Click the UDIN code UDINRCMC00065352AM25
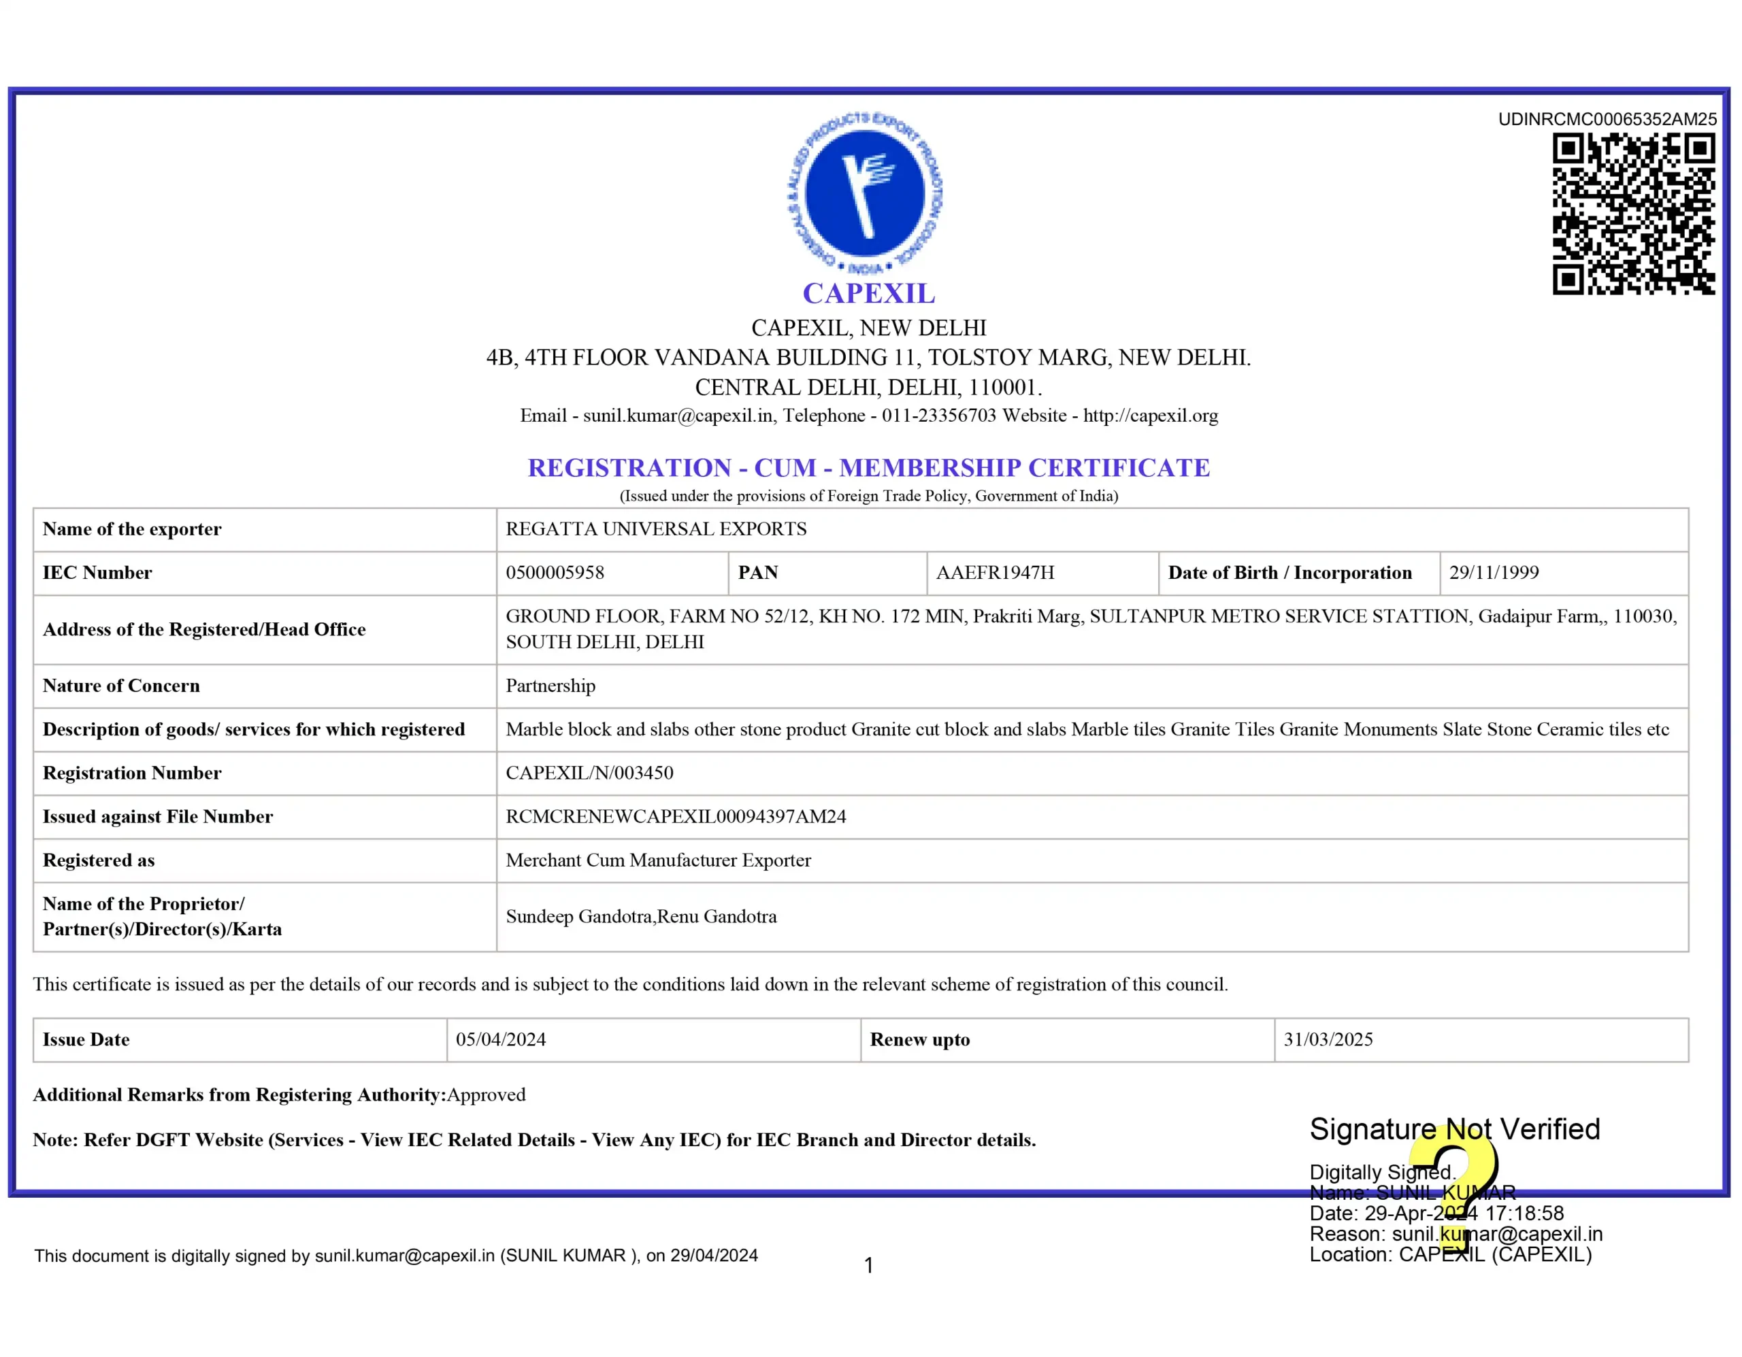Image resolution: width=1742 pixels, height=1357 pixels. (1607, 120)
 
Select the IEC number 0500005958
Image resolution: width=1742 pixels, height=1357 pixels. (555, 573)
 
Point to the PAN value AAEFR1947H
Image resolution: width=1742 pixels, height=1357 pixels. (995, 573)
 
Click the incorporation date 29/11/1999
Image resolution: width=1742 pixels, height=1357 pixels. (1493, 573)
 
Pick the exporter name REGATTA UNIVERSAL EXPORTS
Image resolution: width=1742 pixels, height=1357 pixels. (656, 529)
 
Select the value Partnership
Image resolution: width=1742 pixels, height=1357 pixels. (550, 686)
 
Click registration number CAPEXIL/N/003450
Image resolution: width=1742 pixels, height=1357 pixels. (589, 773)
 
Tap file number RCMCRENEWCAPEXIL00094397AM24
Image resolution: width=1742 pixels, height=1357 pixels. (676, 816)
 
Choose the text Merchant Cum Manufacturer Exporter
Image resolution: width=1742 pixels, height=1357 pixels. (658, 860)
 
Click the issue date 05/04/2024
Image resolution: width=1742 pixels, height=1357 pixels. (501, 1039)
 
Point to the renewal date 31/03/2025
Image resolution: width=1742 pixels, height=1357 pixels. (1328, 1039)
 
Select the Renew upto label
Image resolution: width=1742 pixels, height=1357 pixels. (920, 1039)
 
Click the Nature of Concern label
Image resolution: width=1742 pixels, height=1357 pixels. (121, 686)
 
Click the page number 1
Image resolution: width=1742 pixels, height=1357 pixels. (868, 1265)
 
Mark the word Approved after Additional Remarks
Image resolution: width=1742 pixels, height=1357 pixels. (486, 1094)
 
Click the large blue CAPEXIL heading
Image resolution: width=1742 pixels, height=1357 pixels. (868, 293)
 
